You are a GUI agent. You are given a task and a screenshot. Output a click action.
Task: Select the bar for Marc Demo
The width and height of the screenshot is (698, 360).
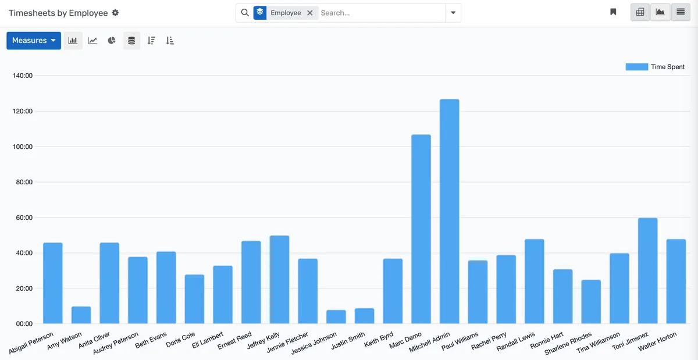[421, 229]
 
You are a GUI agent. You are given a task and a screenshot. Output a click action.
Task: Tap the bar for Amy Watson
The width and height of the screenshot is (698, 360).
[81, 315]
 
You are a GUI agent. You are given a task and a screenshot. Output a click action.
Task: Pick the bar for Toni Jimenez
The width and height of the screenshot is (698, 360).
[647, 270]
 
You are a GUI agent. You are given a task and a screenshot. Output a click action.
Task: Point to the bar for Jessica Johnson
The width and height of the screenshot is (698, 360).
[336, 316]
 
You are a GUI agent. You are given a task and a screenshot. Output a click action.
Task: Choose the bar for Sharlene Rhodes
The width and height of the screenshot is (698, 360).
[591, 301]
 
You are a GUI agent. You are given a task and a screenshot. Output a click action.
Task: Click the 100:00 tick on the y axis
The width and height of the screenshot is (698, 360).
[22, 147]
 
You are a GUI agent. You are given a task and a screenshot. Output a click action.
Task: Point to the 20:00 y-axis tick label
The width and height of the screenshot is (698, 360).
[22, 288]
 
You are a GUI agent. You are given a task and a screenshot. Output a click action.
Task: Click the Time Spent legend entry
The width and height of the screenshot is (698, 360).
[655, 67]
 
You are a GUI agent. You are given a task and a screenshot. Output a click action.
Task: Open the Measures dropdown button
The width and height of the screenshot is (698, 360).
[34, 41]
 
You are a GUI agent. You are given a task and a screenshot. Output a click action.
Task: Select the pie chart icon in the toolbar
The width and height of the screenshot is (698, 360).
[112, 41]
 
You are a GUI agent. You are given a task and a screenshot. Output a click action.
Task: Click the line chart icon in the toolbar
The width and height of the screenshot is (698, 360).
[92, 41]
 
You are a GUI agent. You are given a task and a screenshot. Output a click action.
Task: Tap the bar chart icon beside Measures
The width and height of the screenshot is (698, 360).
[73, 41]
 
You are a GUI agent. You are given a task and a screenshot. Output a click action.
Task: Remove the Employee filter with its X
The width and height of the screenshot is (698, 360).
[310, 13]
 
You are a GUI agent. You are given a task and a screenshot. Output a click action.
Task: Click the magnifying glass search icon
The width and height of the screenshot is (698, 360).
[245, 13]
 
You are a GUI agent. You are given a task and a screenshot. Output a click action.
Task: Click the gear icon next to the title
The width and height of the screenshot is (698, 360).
[115, 13]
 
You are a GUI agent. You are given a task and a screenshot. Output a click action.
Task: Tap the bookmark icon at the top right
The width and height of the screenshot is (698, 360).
[613, 12]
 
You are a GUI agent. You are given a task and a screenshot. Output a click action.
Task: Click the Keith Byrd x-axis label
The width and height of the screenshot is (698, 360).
[379, 340]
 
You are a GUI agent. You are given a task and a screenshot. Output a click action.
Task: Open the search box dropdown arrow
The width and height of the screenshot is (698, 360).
[453, 13]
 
